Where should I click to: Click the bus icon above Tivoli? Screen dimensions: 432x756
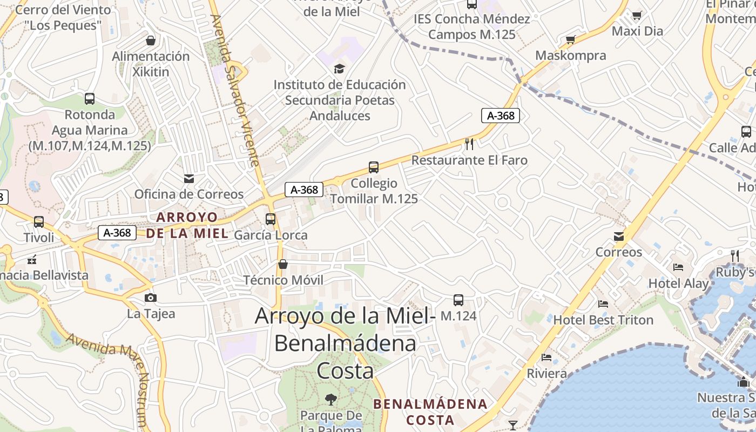point(38,221)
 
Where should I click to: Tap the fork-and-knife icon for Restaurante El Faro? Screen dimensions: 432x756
point(469,144)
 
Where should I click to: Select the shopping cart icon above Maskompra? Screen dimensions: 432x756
point(570,39)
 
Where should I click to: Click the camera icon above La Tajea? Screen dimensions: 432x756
point(151,298)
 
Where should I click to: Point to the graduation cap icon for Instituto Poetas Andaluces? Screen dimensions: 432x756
point(339,69)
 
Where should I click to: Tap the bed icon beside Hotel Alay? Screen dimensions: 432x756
point(678,267)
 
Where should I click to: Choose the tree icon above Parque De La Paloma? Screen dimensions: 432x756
point(330,400)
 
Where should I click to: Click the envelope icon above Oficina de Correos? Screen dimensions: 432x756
point(189,178)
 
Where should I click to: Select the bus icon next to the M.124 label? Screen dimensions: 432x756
point(458,300)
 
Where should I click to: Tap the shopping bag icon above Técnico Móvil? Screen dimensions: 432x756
point(282,264)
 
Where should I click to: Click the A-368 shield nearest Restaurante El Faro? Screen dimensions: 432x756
point(501,115)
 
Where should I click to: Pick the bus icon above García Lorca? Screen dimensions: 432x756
point(271,219)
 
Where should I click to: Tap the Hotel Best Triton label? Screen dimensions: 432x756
point(603,320)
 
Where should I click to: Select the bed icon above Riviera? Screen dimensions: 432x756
point(546,357)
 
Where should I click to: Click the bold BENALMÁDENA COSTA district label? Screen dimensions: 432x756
point(430,411)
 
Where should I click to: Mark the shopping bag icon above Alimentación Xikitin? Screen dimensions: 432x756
point(151,40)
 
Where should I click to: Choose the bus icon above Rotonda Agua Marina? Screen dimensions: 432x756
point(90,99)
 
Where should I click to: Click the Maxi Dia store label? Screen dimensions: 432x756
point(637,31)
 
